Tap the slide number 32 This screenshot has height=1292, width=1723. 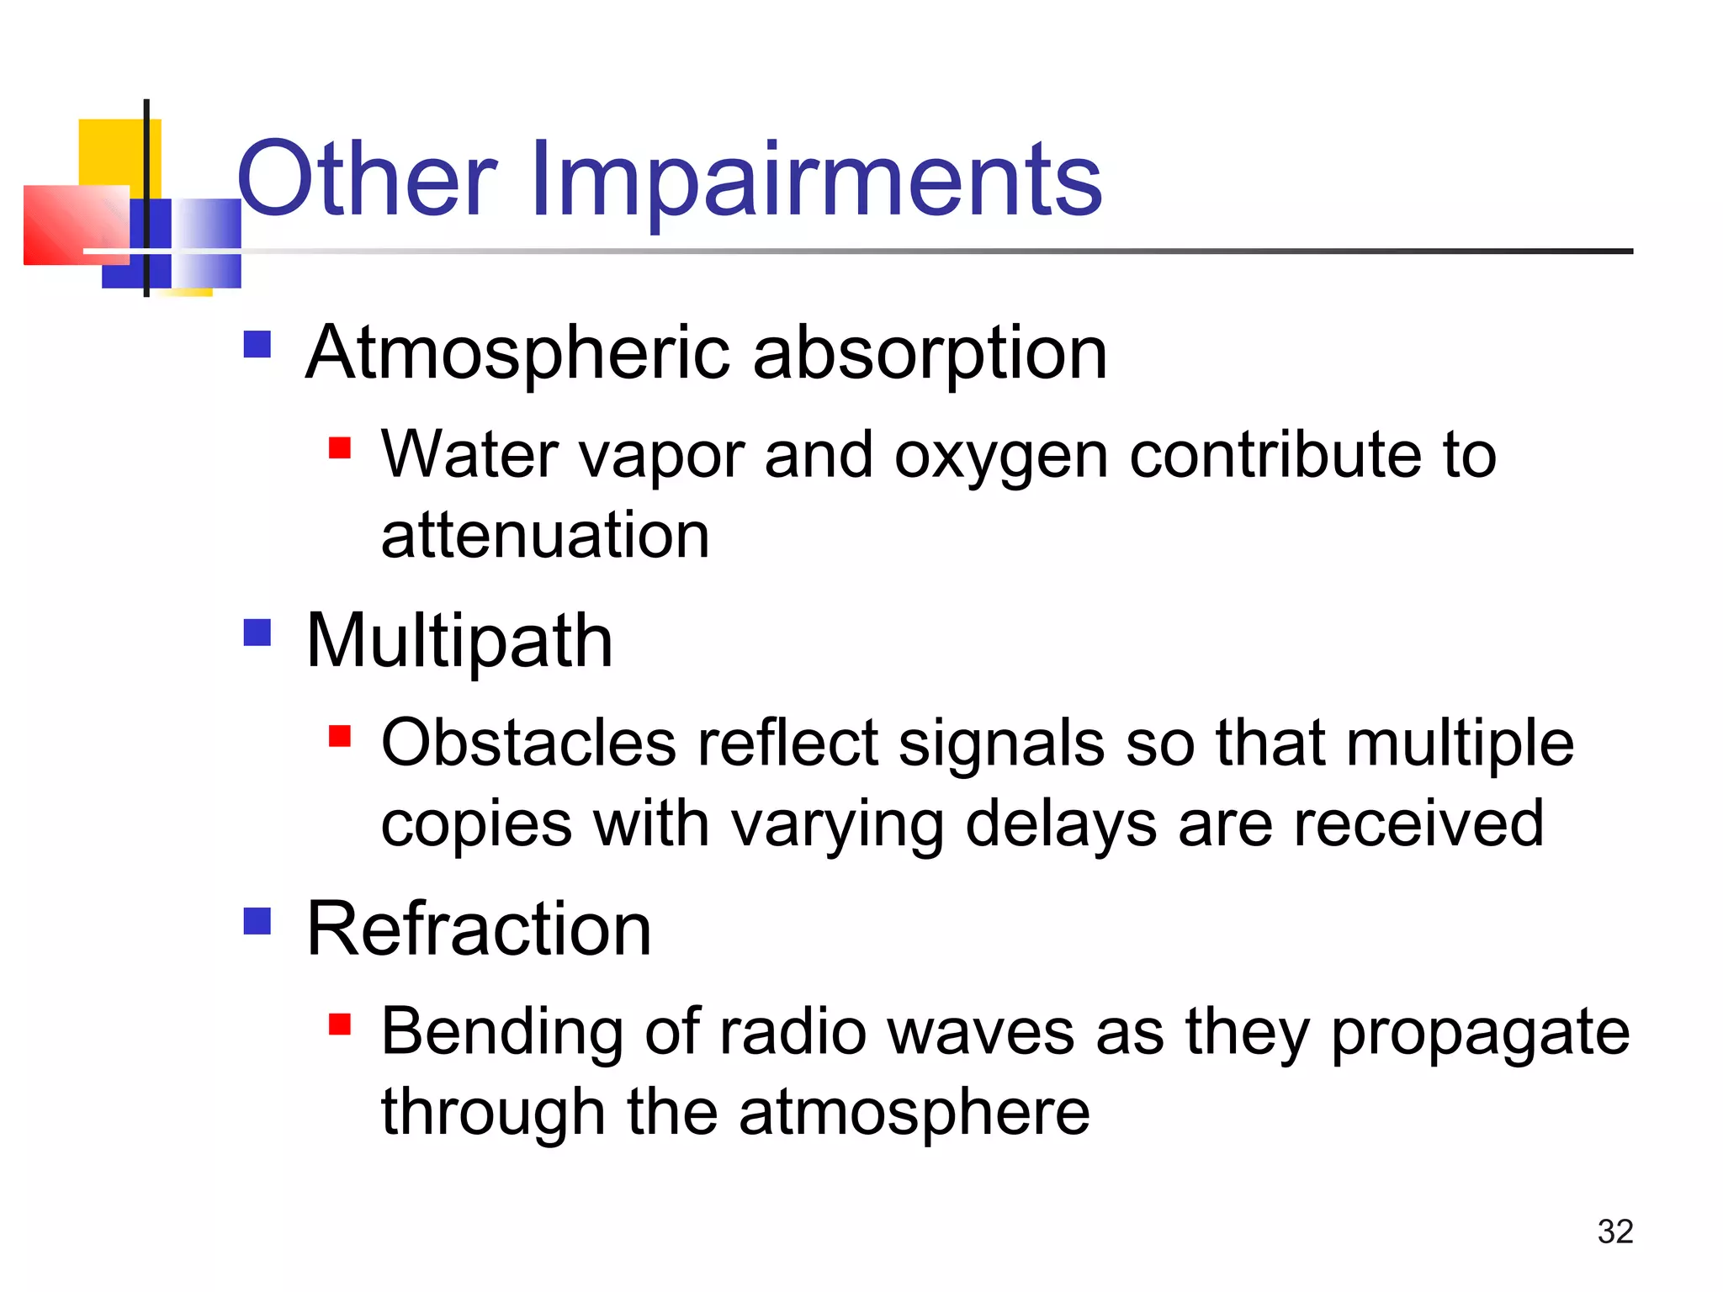1614,1231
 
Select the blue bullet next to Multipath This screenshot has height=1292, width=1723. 257,632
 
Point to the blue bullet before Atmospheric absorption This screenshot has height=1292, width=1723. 257,343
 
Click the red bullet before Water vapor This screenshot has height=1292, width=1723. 339,447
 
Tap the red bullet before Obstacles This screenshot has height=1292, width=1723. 339,736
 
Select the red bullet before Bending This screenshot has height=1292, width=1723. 339,1024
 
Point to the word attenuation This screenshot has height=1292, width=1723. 545,535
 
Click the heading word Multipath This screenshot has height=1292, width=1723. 459,641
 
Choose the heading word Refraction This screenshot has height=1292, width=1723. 479,929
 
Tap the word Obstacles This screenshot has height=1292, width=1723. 528,744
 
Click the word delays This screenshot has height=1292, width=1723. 1060,824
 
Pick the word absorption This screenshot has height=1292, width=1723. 930,353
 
